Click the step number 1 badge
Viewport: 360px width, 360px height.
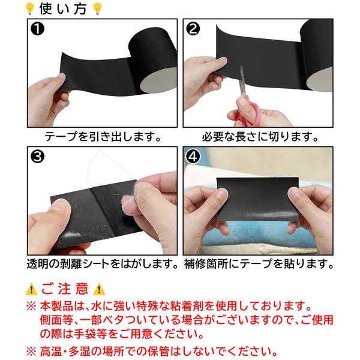[x=37, y=29]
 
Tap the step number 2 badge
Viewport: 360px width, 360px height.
[x=193, y=29]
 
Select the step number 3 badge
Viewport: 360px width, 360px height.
[x=37, y=157]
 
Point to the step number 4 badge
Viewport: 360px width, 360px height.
[x=193, y=157]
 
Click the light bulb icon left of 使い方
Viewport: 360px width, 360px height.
[x=30, y=9]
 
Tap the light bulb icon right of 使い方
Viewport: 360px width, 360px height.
[x=97, y=9]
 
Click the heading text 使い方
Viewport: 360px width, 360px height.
[x=63, y=9]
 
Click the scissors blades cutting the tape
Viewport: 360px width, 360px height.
[x=242, y=81]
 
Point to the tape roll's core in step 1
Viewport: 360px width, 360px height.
[x=158, y=80]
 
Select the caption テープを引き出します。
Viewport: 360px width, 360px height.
[x=103, y=137]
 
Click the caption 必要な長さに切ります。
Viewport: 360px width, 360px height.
[x=260, y=137]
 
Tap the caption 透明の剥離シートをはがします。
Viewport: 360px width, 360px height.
[x=103, y=264]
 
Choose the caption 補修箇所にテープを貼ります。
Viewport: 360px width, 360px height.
[x=259, y=264]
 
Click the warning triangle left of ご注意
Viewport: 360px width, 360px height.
[x=31, y=289]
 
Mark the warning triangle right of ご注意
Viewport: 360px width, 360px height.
[x=99, y=289]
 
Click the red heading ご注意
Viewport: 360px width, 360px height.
[x=65, y=289]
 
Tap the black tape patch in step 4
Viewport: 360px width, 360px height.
[x=257, y=199]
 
